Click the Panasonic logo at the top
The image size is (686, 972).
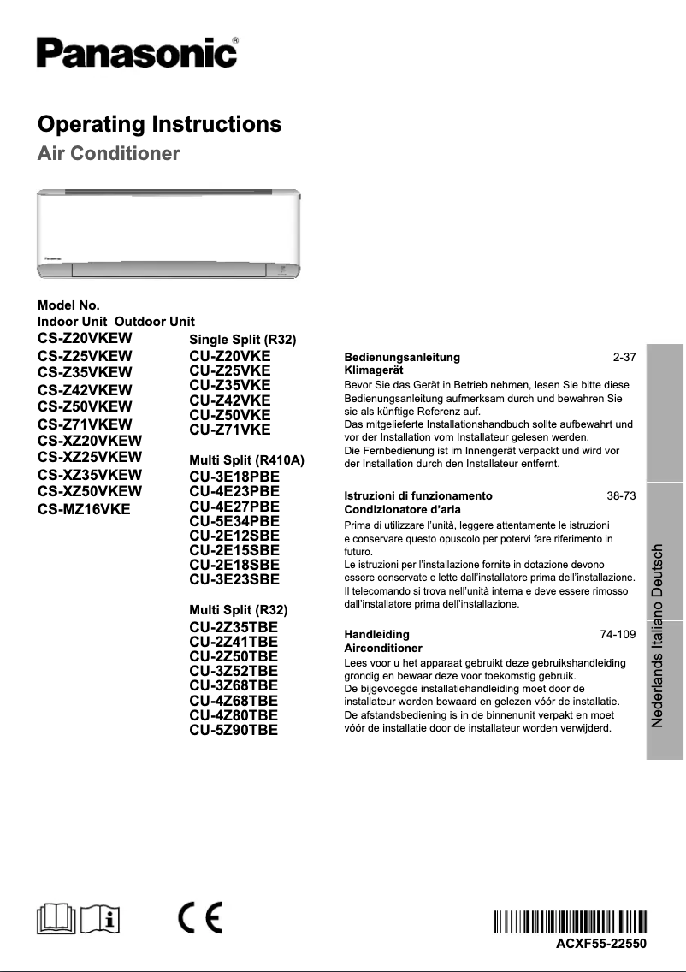click(137, 52)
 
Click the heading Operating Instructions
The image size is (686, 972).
click(160, 125)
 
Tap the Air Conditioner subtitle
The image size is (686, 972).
click(109, 155)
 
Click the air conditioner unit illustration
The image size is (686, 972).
click(169, 233)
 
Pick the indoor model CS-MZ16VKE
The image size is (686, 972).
click(83, 509)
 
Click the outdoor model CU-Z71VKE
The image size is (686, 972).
click(229, 430)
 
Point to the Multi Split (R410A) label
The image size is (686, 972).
click(246, 461)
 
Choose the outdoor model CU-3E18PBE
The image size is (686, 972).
click(234, 477)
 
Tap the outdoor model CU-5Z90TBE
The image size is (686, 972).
click(234, 730)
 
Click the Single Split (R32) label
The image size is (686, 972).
click(242, 341)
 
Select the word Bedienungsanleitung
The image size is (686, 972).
click(402, 357)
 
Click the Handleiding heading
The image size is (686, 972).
click(376, 635)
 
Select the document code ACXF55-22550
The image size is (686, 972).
click(601, 944)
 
